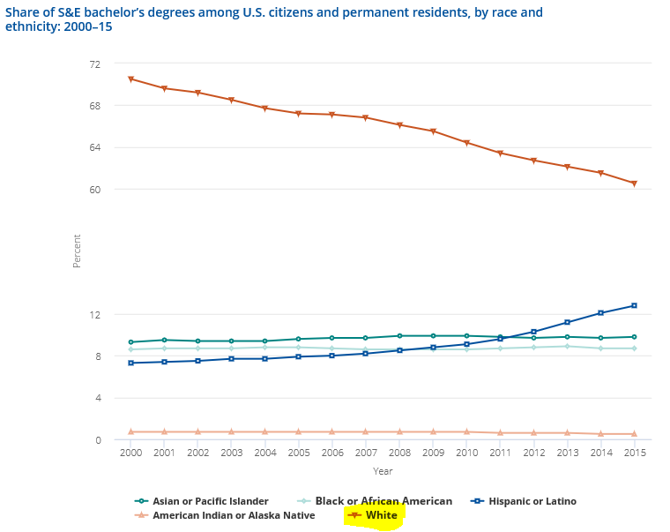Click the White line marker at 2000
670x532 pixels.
[x=130, y=79]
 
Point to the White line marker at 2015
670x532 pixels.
[x=634, y=184]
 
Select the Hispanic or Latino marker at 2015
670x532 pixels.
[x=634, y=305]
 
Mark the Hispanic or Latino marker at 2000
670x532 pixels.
[x=130, y=363]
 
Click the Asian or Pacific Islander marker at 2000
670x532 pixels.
[x=130, y=342]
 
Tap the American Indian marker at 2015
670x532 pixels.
[x=634, y=434]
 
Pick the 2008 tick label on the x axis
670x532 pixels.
[x=398, y=452]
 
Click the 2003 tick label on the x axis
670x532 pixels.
[x=231, y=452]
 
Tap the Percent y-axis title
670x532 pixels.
[x=77, y=251]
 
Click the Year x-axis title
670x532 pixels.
[x=383, y=471]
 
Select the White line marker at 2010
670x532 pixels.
[x=466, y=143]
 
